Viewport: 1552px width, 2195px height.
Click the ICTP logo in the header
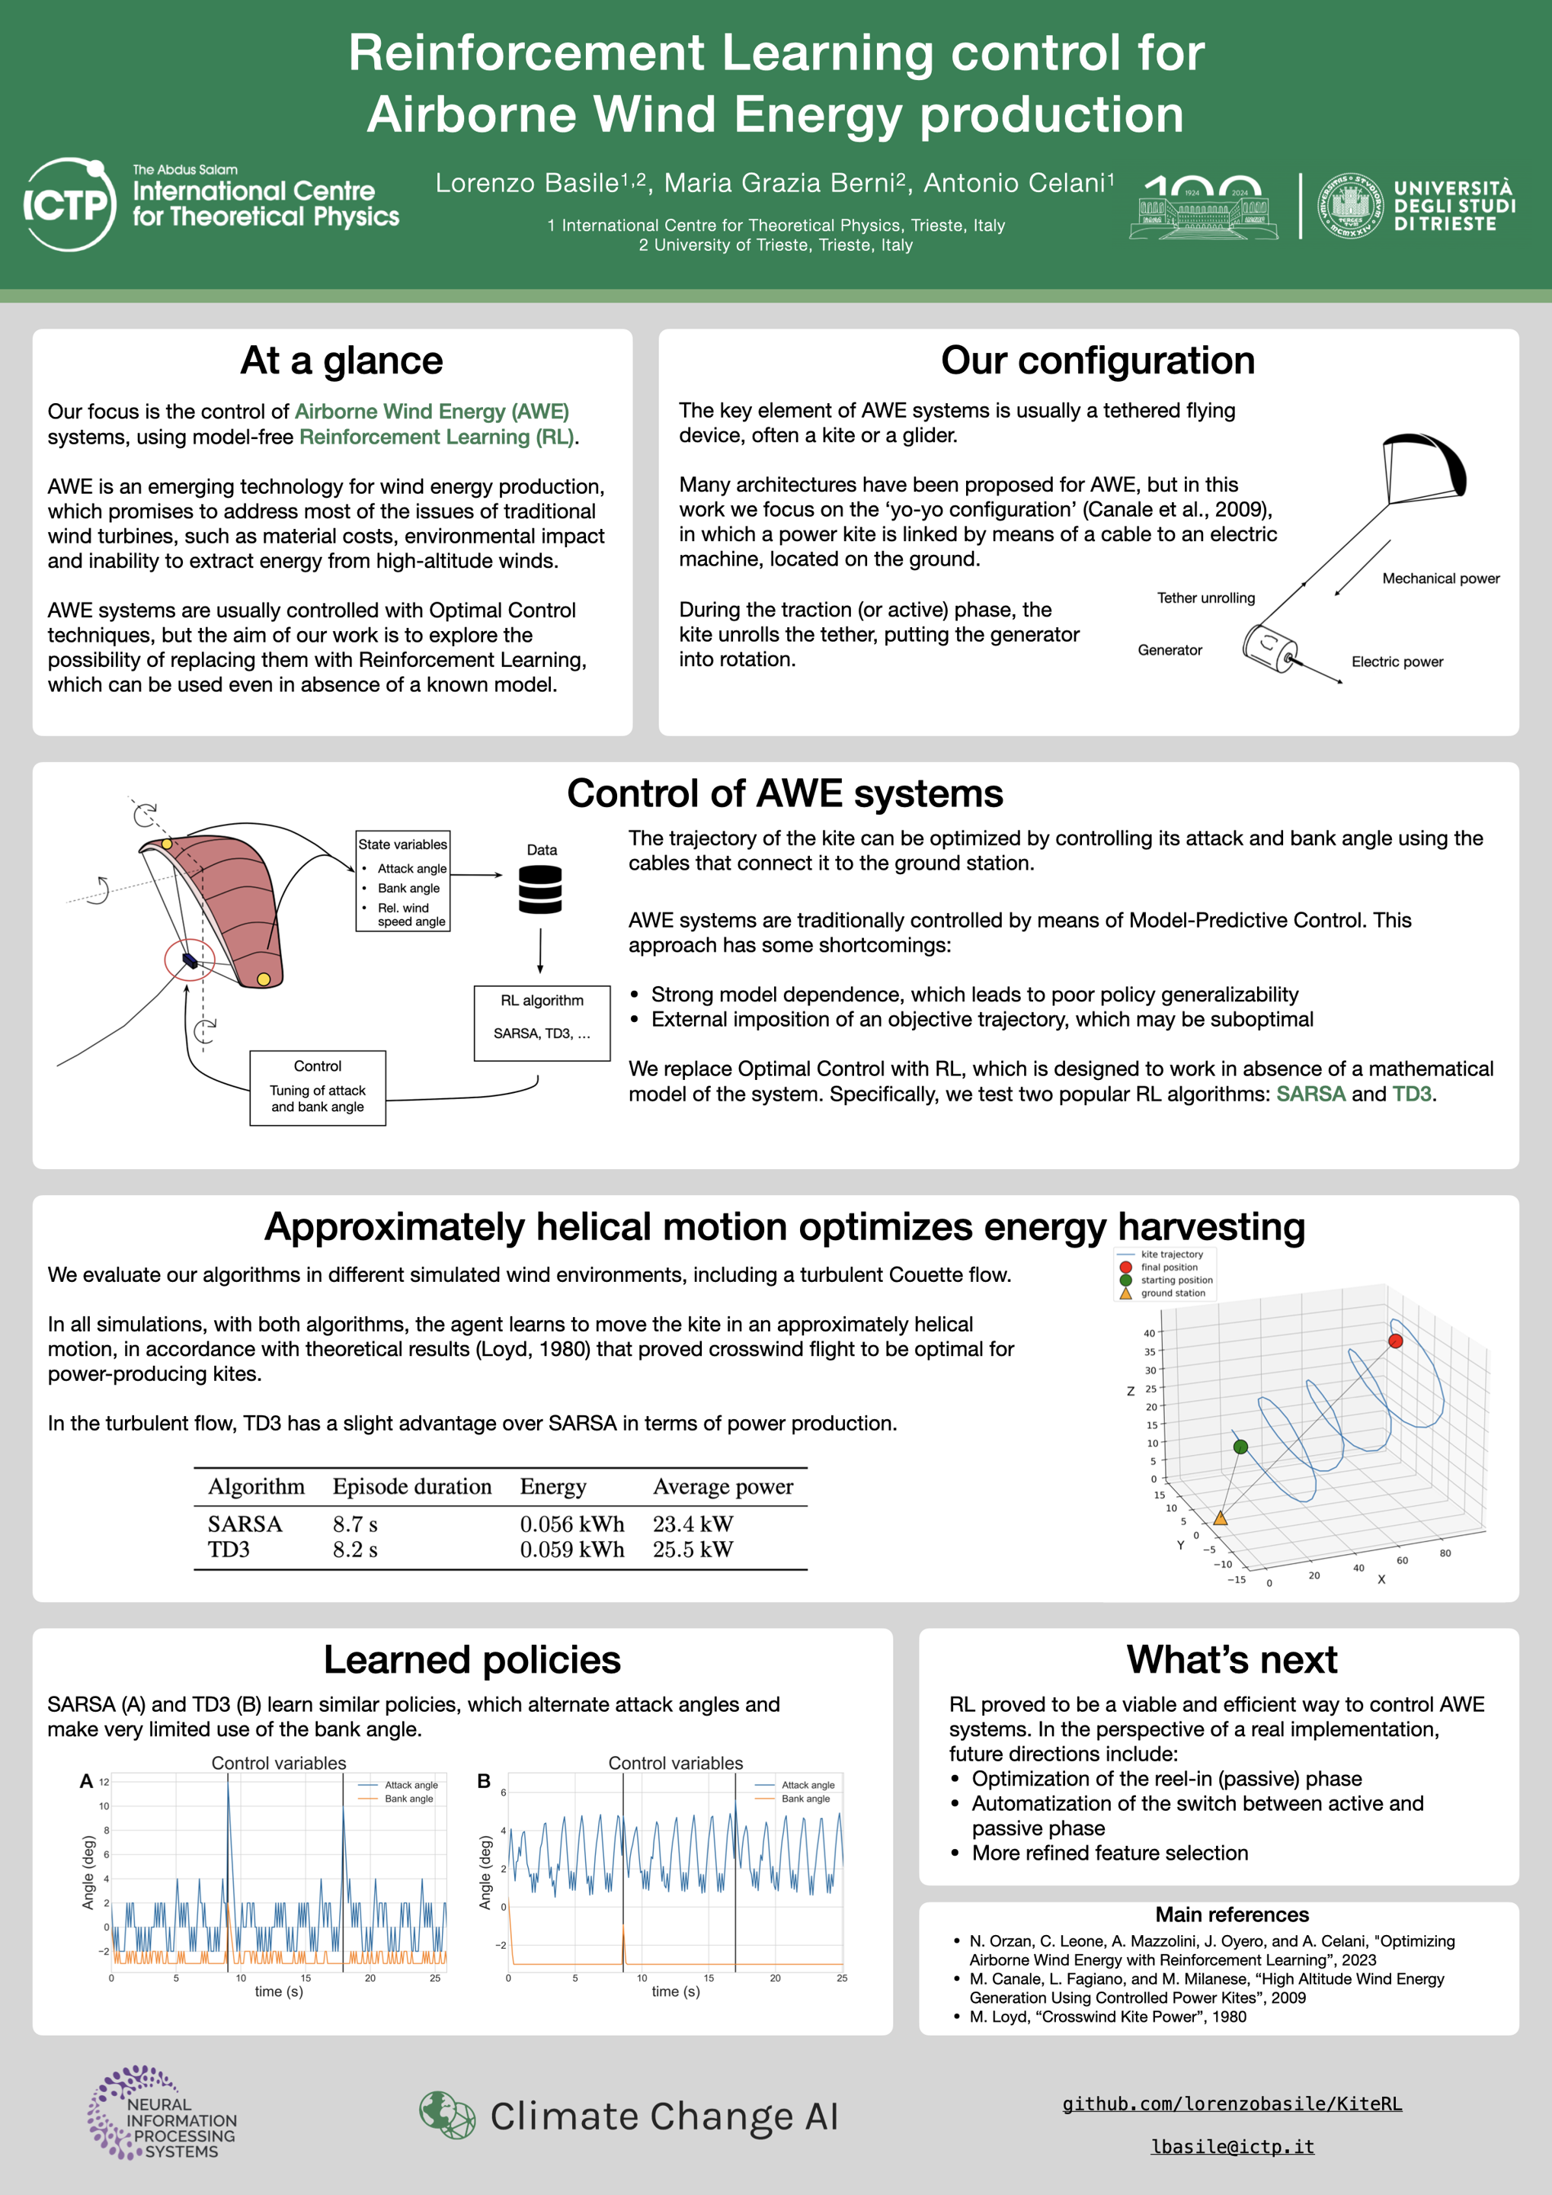(x=69, y=203)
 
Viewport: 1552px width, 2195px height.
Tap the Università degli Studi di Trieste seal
(x=1349, y=206)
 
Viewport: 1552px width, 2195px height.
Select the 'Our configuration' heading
(x=1097, y=360)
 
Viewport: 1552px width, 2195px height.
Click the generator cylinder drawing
(x=1269, y=648)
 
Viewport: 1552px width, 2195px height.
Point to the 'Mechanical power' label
(x=1440, y=578)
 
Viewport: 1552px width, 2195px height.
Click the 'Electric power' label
(x=1397, y=662)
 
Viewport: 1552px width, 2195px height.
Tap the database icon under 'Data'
(x=540, y=889)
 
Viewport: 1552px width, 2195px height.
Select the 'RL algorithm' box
(x=542, y=1023)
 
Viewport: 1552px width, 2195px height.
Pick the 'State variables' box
(x=402, y=880)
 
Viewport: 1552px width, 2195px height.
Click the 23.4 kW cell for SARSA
(x=693, y=1524)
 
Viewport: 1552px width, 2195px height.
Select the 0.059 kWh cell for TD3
(x=571, y=1549)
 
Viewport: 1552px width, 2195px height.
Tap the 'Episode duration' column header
(x=412, y=1487)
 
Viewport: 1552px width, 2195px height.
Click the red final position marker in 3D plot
(x=1394, y=1341)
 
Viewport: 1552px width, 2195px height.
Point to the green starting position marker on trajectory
(x=1240, y=1447)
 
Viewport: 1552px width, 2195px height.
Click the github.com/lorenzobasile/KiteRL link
(x=1232, y=2104)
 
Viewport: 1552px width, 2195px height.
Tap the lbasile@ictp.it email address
(x=1232, y=2146)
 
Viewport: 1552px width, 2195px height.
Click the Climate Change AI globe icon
(x=447, y=2115)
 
